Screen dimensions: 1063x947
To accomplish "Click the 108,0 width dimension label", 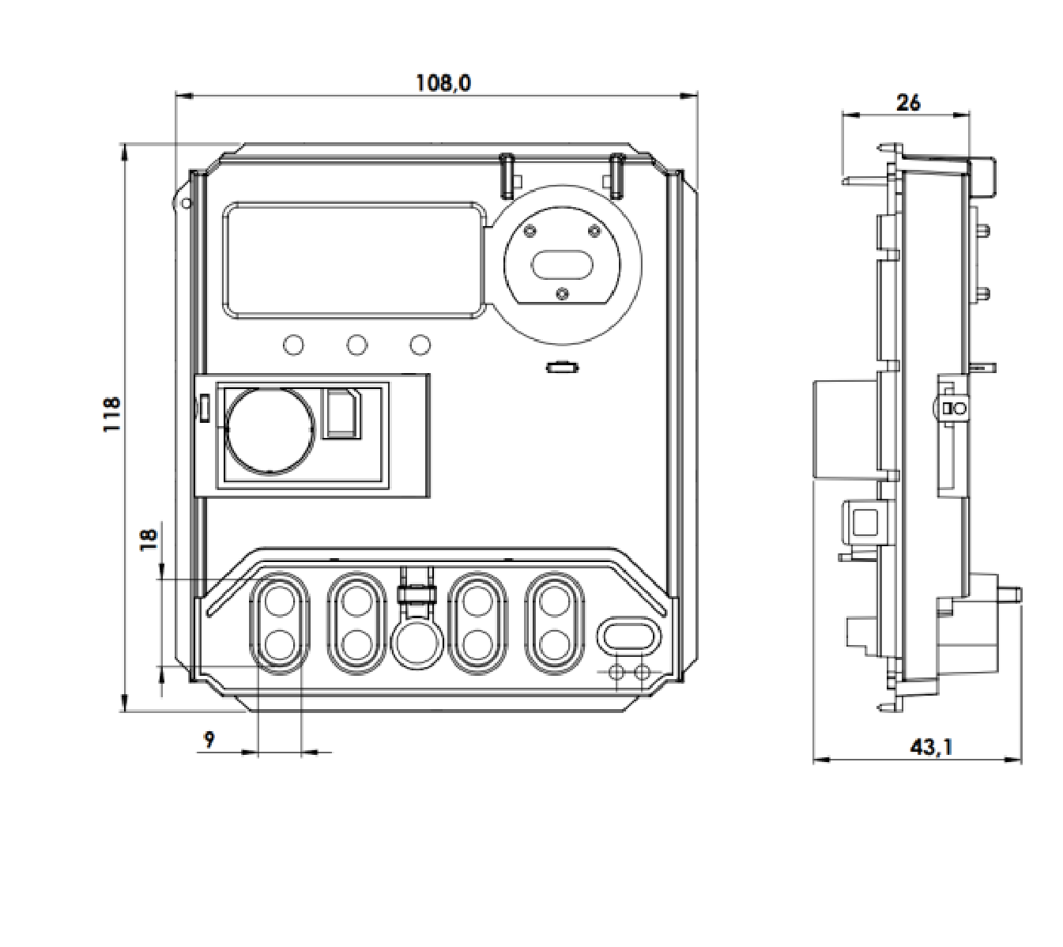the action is (x=443, y=83).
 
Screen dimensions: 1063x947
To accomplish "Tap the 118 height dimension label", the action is (x=111, y=415).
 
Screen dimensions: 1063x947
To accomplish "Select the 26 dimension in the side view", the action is (x=908, y=103).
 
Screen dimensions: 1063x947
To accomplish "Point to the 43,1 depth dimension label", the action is (x=931, y=747).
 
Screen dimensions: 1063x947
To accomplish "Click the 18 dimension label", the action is (x=149, y=539).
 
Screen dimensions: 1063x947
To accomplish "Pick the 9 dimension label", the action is (x=209, y=740).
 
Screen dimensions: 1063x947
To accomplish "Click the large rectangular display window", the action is (x=355, y=260).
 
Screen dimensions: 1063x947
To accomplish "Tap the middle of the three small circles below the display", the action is (x=356, y=345).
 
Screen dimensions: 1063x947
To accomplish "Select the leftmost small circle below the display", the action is (x=293, y=345).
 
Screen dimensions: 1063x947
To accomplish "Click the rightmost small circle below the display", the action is (x=420, y=345).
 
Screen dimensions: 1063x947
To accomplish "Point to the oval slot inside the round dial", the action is (x=561, y=265).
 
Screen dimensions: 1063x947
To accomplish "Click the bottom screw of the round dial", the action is (x=563, y=293).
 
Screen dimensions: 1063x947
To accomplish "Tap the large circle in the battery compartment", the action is (x=270, y=431).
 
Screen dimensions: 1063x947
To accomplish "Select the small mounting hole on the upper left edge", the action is (x=186, y=203).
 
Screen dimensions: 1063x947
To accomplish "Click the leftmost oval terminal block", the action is (x=280, y=624).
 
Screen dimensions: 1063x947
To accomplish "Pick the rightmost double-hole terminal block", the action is (x=555, y=624).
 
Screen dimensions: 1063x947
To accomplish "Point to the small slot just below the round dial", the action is (x=563, y=367).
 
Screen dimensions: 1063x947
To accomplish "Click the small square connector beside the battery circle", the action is (x=343, y=413).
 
